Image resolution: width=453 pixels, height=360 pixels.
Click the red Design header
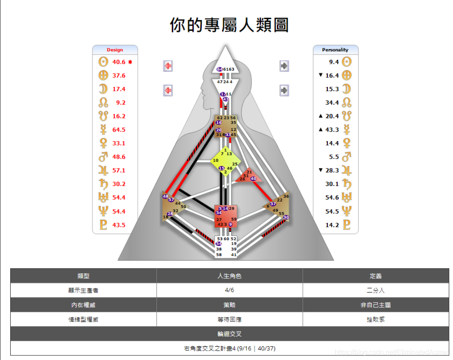(115, 50)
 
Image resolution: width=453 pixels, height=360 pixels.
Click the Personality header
(335, 50)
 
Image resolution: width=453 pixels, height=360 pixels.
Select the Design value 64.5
(119, 130)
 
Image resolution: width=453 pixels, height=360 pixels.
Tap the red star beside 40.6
(130, 62)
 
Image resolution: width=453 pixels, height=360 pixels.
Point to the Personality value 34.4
(332, 103)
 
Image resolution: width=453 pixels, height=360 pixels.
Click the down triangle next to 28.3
(321, 170)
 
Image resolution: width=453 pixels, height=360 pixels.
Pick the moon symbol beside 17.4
(103, 89)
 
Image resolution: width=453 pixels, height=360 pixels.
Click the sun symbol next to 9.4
(347, 62)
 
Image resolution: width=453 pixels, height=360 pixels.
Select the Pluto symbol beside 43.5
(103, 225)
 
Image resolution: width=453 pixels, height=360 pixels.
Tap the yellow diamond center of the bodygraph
(226, 161)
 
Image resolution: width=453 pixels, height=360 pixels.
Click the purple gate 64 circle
(220, 69)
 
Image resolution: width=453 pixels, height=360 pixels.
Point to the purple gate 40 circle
(253, 179)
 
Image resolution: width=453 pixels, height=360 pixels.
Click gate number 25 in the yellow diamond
(235, 164)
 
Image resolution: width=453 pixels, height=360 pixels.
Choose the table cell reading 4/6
(229, 290)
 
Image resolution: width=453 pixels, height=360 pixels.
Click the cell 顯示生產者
(83, 290)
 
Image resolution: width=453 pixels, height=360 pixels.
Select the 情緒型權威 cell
(83, 319)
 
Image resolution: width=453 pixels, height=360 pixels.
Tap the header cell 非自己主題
(376, 305)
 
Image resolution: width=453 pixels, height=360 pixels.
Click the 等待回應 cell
(229, 319)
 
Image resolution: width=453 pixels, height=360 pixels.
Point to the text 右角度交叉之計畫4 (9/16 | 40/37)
(229, 348)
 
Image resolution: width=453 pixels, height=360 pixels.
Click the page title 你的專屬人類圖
(229, 25)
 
